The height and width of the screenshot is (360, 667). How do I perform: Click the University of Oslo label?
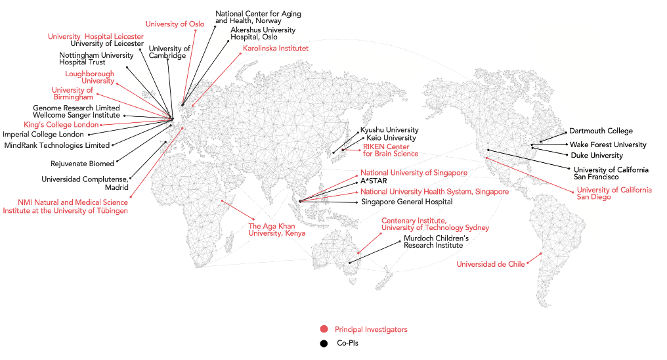pyautogui.click(x=175, y=24)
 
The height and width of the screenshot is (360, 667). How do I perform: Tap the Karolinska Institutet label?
pyautogui.click(x=276, y=48)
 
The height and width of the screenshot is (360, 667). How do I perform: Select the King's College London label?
pyautogui.click(x=61, y=125)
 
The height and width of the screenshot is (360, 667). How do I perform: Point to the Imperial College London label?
pyautogui.click(x=43, y=135)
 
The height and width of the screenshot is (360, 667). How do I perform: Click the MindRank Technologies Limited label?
pyautogui.click(x=57, y=146)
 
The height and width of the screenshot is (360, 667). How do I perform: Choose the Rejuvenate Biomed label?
pyautogui.click(x=83, y=164)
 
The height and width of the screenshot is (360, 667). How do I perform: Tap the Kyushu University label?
pyautogui.click(x=389, y=130)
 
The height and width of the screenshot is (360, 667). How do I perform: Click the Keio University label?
pyautogui.click(x=391, y=138)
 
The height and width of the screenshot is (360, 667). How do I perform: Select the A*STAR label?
pyautogui.click(x=374, y=181)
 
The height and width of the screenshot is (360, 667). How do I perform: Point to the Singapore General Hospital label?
pyautogui.click(x=406, y=202)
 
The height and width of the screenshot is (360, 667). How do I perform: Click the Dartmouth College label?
pyautogui.click(x=601, y=131)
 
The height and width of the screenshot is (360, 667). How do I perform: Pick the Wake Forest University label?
pyautogui.click(x=608, y=145)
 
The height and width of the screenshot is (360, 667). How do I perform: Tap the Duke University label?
pyautogui.click(x=597, y=155)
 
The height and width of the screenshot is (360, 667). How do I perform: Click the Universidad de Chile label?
pyautogui.click(x=490, y=264)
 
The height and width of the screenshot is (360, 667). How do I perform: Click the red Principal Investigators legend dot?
pyautogui.click(x=324, y=329)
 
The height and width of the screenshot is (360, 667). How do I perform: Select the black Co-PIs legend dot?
pyautogui.click(x=324, y=344)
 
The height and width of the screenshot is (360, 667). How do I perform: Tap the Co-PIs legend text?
pyautogui.click(x=347, y=343)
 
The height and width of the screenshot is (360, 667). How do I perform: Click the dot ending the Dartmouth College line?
pyautogui.click(x=566, y=132)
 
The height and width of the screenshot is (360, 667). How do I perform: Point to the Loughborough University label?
pyautogui.click(x=90, y=78)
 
